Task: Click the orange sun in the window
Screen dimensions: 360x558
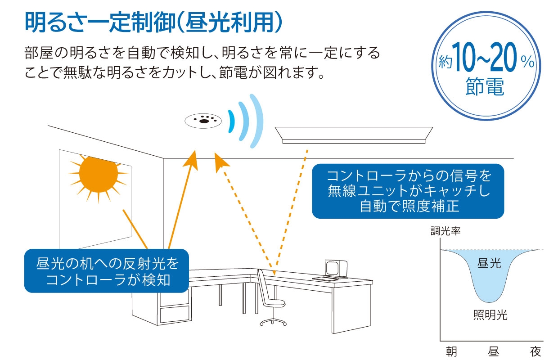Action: pyautogui.click(x=98, y=174)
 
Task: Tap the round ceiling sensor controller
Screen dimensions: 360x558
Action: pyautogui.click(x=203, y=120)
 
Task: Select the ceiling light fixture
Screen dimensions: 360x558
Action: pyautogui.click(x=354, y=135)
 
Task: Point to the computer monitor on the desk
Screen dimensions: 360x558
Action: pyautogui.click(x=334, y=268)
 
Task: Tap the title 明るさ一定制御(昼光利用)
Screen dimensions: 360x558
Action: pyautogui.click(x=153, y=22)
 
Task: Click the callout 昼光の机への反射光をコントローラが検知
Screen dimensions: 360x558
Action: pyautogui.click(x=107, y=270)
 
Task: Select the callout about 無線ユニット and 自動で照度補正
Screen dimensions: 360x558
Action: pyautogui.click(x=408, y=190)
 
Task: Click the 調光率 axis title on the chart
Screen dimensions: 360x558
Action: pyautogui.click(x=445, y=232)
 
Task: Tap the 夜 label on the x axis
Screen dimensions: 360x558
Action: pyautogui.click(x=535, y=351)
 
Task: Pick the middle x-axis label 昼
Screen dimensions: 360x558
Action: pyautogui.click(x=493, y=351)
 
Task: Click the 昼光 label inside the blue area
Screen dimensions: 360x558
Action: pyautogui.click(x=489, y=263)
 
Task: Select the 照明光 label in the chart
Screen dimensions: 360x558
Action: pyautogui.click(x=490, y=315)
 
